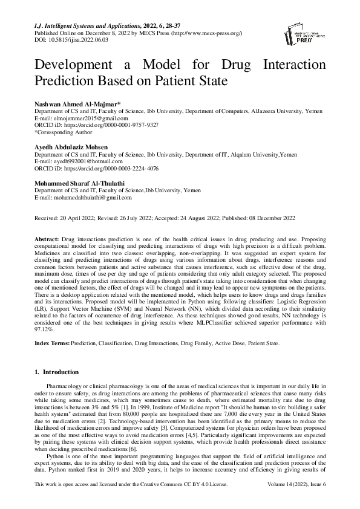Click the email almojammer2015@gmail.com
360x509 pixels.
click(x=80, y=119)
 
